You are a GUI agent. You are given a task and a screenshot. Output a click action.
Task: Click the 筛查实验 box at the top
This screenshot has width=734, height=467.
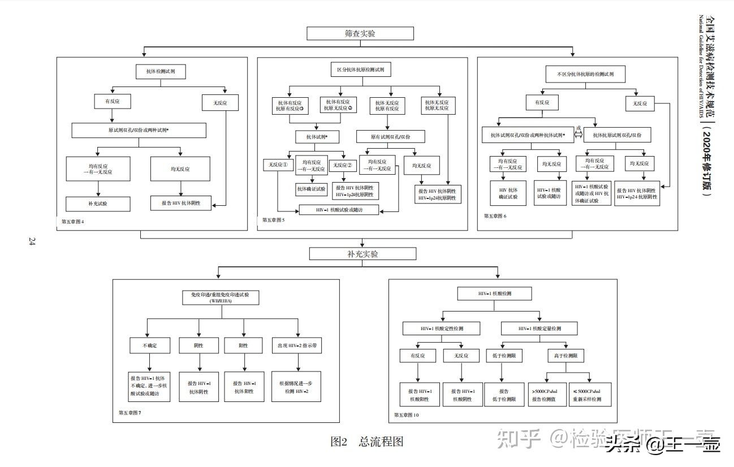360,33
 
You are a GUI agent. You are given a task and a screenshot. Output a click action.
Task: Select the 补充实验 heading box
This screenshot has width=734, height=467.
362,254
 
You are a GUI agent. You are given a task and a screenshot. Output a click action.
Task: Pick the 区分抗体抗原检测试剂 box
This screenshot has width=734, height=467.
360,70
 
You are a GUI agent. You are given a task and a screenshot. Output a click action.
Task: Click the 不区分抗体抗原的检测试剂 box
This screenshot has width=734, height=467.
585,74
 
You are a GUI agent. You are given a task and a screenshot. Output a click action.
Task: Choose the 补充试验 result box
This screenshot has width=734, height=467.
98,204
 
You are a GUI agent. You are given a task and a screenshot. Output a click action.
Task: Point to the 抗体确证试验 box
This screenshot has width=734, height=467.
312,189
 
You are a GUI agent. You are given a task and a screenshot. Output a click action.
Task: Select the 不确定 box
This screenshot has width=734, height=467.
150,345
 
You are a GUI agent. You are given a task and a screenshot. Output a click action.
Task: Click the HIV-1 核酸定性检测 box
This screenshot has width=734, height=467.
442,328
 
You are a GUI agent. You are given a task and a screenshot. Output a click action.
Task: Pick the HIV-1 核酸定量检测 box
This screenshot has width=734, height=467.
539,328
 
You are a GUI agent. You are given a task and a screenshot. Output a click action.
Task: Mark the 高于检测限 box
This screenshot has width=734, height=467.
565,356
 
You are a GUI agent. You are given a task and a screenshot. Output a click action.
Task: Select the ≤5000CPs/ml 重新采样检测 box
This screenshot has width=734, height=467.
590,395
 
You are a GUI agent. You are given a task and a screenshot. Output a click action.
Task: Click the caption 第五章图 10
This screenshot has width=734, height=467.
407,416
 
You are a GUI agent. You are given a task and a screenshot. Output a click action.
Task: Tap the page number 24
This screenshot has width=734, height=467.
32,242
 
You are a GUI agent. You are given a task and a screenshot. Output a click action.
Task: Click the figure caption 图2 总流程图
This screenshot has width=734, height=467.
367,442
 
